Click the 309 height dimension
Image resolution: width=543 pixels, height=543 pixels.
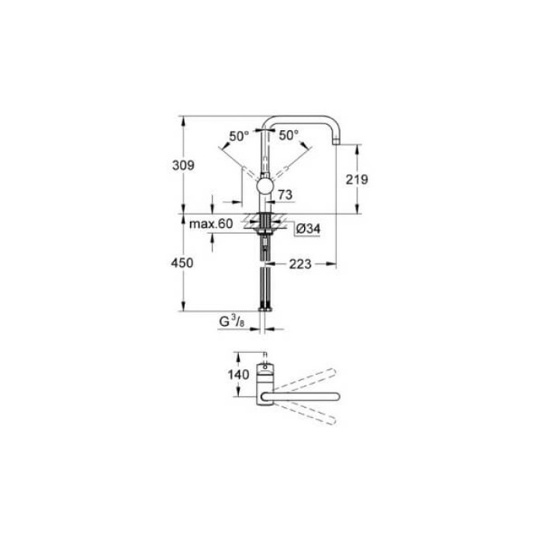click(183, 165)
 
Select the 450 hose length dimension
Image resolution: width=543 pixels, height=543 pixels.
click(183, 264)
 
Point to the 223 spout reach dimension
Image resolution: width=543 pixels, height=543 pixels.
click(299, 265)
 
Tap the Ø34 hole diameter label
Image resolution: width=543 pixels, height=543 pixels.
click(308, 230)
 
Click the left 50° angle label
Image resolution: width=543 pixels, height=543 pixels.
click(239, 136)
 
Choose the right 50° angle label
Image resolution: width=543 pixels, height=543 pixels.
click(289, 135)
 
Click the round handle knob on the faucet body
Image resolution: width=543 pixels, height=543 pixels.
click(265, 187)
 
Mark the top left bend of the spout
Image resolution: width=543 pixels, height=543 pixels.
click(268, 121)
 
